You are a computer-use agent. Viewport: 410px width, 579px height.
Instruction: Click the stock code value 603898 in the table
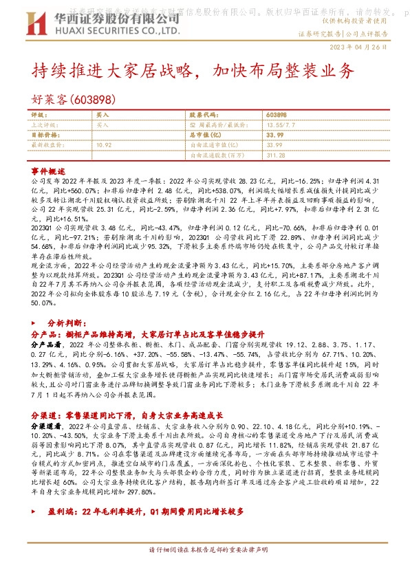pos(275,115)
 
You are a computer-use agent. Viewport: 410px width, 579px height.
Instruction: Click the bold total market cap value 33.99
pos(274,135)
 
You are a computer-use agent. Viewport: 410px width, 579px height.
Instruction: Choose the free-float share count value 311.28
pos(274,155)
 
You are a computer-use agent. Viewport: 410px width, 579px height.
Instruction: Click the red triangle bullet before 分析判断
pos(36,322)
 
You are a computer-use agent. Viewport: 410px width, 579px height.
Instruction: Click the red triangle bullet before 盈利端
pos(36,512)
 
